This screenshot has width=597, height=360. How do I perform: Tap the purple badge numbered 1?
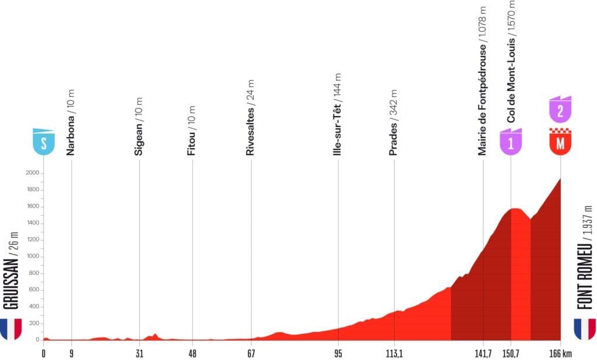(511, 143)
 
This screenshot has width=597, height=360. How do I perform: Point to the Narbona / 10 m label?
(71, 122)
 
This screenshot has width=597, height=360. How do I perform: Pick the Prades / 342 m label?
(394, 122)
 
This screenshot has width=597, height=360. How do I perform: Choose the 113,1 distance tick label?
(394, 353)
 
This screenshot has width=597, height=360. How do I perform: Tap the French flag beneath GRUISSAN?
(11, 329)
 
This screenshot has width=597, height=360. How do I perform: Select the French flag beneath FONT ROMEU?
(585, 329)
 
